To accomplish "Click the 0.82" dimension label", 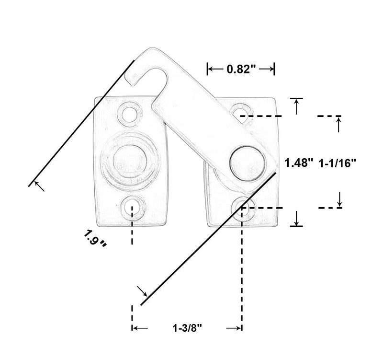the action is coord(241,69).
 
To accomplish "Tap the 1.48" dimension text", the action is coord(298,163).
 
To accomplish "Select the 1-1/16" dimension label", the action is coord(338,163).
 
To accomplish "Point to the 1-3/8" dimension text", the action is coord(187,328).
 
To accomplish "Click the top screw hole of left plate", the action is coord(129,114).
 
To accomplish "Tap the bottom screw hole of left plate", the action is coord(132,208).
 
